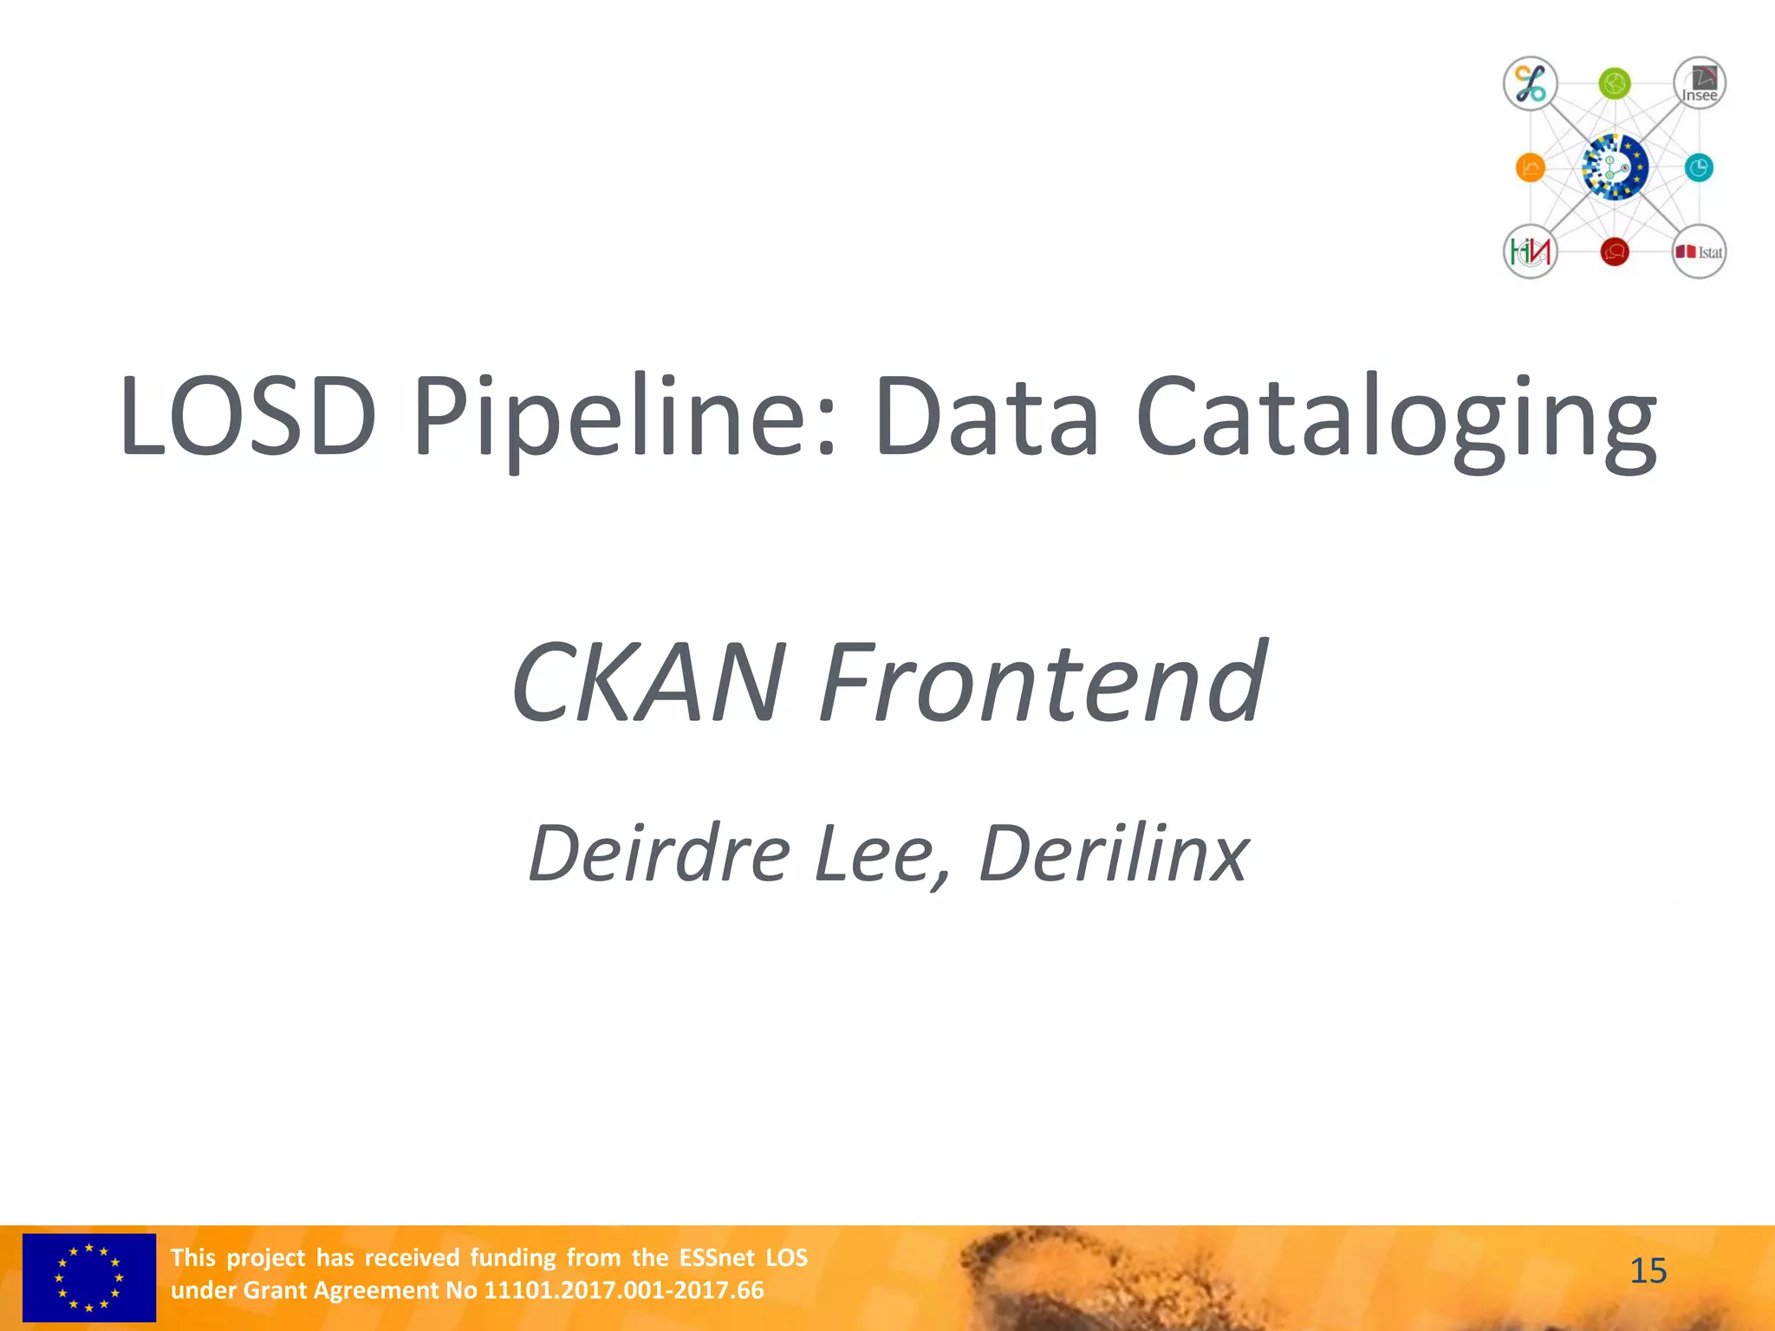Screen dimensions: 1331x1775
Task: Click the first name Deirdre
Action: click(x=659, y=854)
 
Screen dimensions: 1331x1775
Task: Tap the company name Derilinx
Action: click(x=1114, y=854)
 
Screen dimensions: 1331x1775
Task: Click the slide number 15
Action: click(x=1648, y=1271)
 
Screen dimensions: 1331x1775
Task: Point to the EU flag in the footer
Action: click(x=89, y=1277)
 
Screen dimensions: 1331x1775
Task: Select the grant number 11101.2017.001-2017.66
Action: click(x=623, y=1290)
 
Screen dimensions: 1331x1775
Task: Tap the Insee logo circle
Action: click(x=1699, y=84)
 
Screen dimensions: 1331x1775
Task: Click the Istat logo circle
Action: click(x=1699, y=252)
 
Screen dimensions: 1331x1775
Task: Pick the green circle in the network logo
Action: click(x=1615, y=84)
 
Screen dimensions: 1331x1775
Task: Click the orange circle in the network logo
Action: click(x=1531, y=167)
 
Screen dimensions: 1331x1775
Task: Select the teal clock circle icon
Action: click(x=1699, y=167)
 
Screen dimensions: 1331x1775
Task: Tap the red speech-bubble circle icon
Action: click(x=1615, y=252)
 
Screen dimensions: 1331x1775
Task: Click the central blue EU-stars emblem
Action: click(x=1614, y=167)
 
